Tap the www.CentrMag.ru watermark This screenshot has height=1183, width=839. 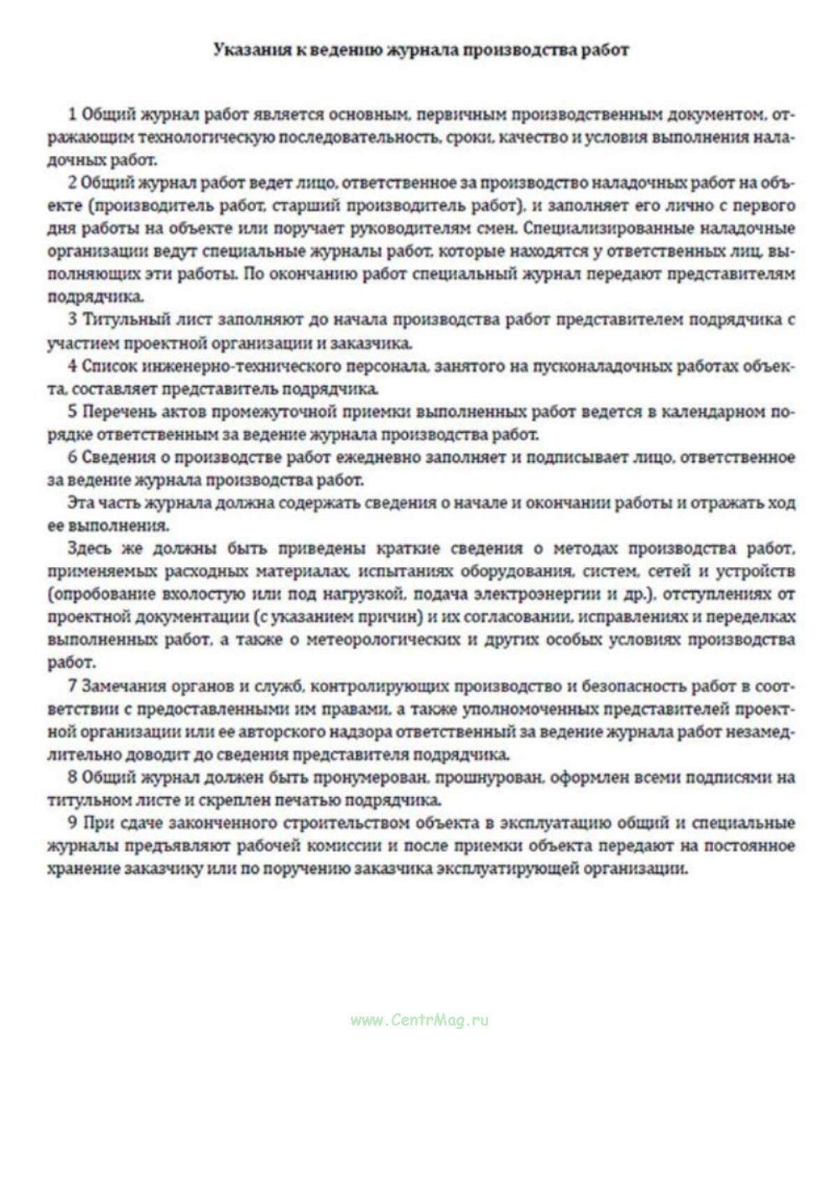point(419,1020)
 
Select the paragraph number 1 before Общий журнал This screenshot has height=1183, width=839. point(72,114)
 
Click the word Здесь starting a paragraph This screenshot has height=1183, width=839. point(91,548)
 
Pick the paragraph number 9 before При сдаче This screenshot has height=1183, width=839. point(72,823)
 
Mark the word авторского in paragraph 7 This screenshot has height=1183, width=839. point(294,732)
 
